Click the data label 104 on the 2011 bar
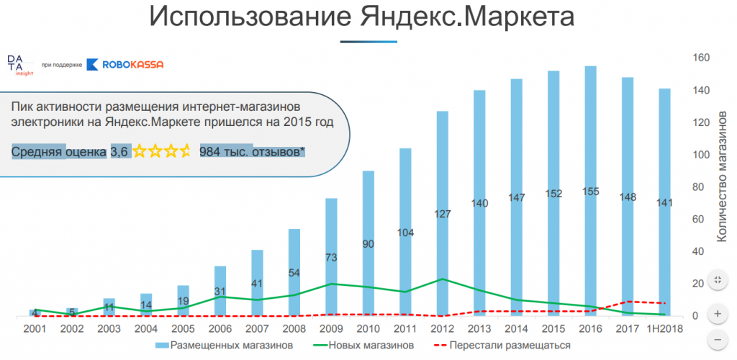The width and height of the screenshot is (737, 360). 405,233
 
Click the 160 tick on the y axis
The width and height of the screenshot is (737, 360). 702,58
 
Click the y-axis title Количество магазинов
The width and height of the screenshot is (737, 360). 721,176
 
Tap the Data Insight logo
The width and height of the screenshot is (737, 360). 15,64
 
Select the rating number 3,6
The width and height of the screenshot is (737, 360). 119,151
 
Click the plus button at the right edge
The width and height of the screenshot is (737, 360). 718,315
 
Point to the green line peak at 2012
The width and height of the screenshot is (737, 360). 443,279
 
